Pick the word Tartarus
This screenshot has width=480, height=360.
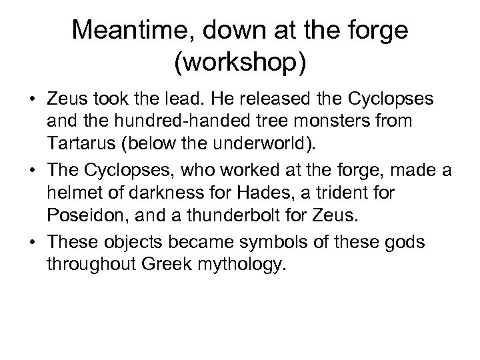(x=80, y=143)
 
